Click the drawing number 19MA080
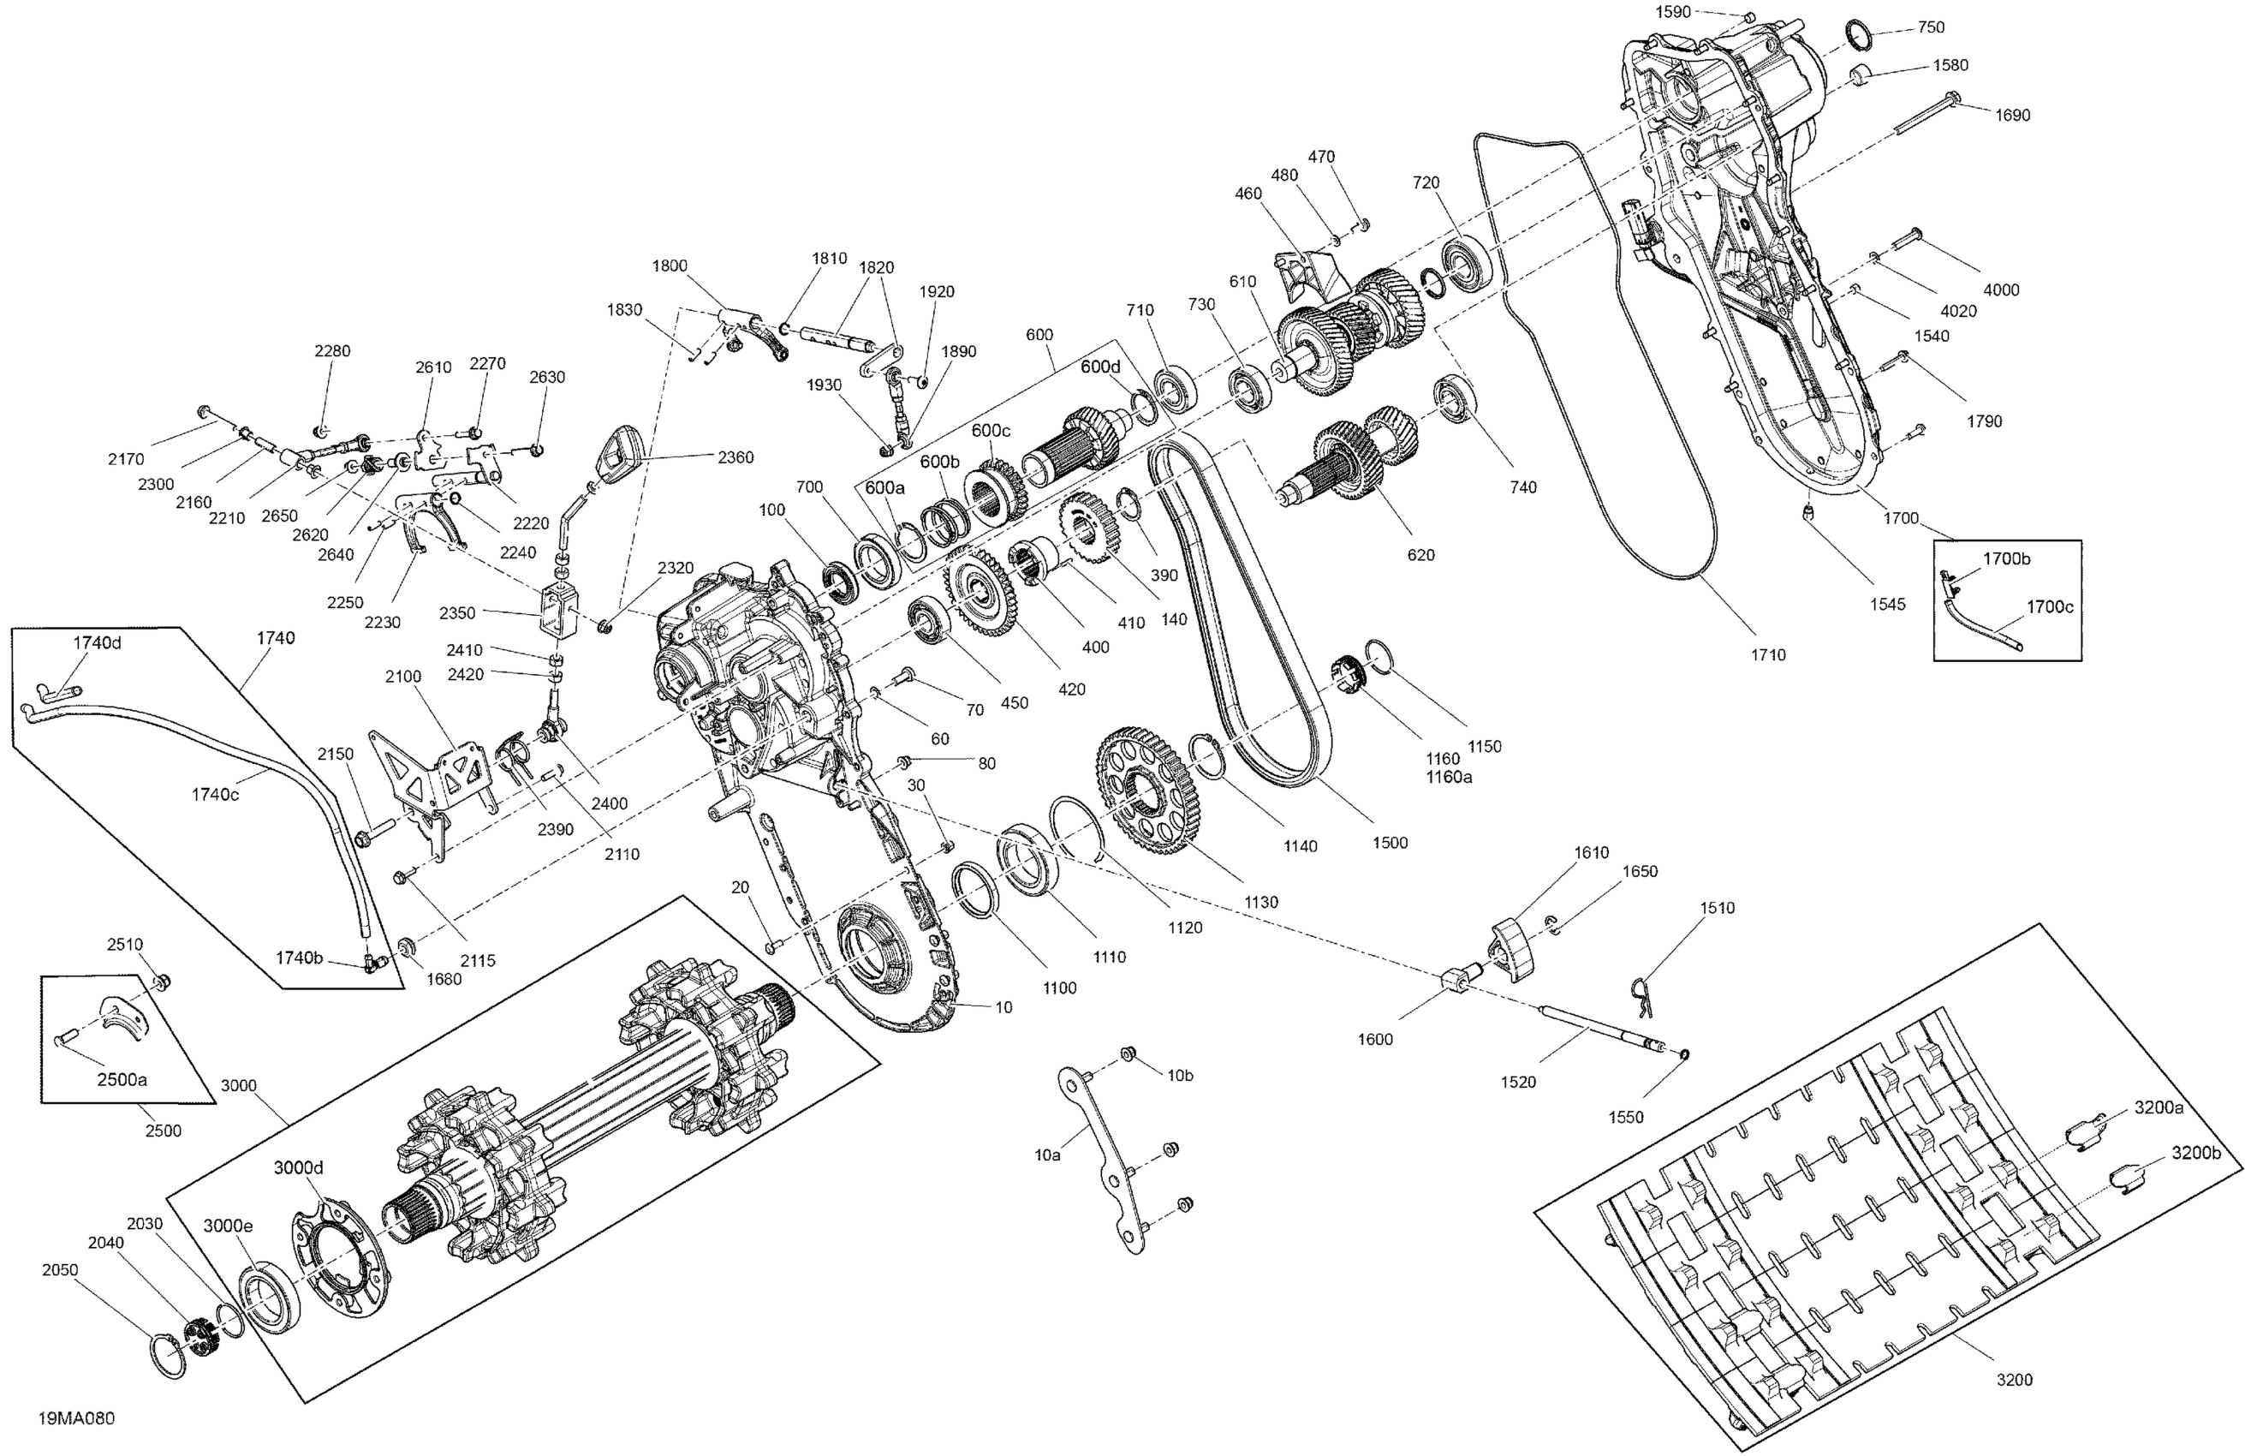tap(76, 1419)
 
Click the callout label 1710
tap(1768, 654)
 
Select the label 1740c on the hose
tap(215, 795)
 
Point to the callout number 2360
tap(735, 456)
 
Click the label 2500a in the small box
tap(122, 1079)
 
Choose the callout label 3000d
tap(298, 1167)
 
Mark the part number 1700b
tap(2006, 558)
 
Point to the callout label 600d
tap(1100, 367)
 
